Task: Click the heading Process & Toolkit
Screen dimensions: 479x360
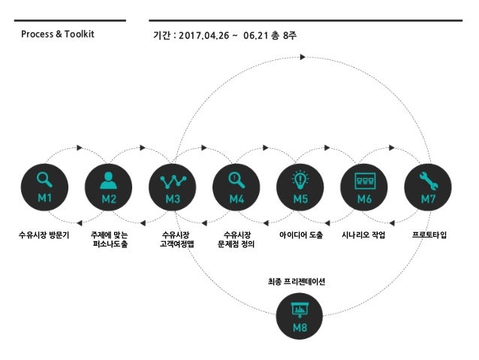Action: tap(58, 35)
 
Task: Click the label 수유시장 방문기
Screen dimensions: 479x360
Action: tap(44, 235)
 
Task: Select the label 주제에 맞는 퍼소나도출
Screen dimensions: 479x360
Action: tap(109, 240)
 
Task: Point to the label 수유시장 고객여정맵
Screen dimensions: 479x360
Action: tap(173, 240)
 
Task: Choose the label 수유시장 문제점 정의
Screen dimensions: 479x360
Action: tap(237, 240)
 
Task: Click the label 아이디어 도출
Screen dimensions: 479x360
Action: tap(301, 235)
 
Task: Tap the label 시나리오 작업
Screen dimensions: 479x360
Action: tap(363, 235)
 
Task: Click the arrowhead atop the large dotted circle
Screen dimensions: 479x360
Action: tap(303, 57)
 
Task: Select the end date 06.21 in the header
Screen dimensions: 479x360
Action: tap(256, 35)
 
